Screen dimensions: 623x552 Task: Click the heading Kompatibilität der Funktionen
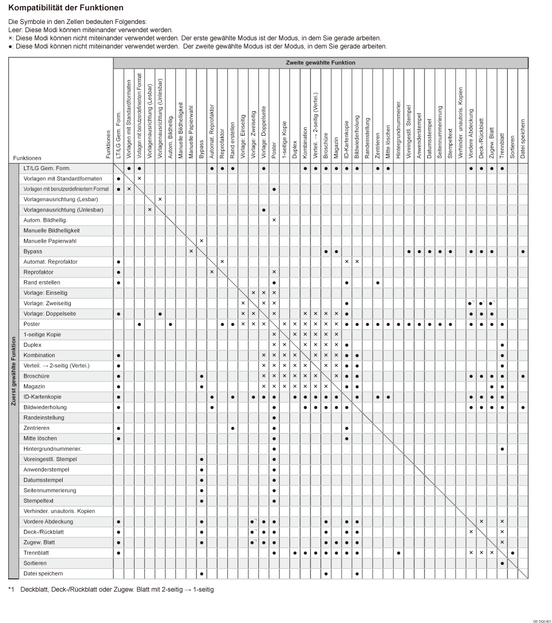[66, 8]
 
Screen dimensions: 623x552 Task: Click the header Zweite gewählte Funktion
[320, 63]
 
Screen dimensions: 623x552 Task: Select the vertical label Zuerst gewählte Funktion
[13, 371]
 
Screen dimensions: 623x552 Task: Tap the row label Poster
[32, 324]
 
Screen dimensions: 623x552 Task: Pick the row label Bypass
[33, 251]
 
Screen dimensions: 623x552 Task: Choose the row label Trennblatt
[36, 553]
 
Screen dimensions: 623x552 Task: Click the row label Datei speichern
[43, 573]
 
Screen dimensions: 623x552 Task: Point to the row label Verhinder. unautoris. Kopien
[59, 511]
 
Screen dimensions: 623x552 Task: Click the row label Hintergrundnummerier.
[52, 449]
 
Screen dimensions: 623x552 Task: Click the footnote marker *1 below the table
[11, 589]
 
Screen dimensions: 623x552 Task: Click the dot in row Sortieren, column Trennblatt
[502, 563]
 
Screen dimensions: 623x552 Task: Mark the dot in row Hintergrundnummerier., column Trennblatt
[502, 449]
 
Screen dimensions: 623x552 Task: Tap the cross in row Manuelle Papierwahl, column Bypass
[202, 241]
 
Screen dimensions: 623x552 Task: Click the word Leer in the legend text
[15, 29]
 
